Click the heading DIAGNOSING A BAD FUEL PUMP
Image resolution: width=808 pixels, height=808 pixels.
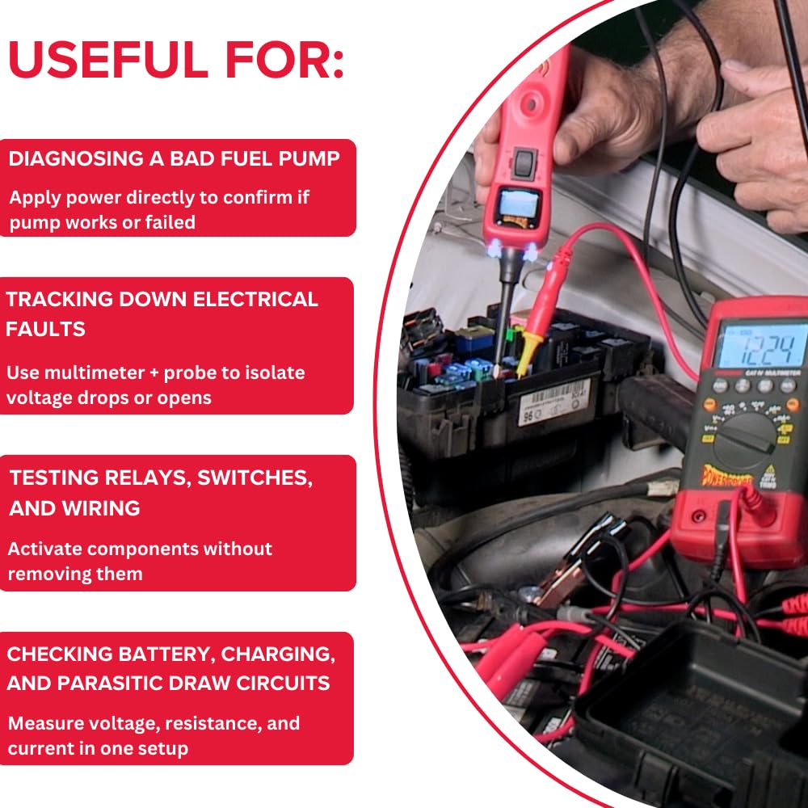click(174, 158)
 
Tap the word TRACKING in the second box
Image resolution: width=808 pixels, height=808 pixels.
click(60, 299)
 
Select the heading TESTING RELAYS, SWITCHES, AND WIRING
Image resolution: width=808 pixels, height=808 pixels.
click(161, 492)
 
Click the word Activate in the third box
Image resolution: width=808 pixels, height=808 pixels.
click(45, 549)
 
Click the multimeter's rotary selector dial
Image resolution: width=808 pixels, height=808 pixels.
click(746, 436)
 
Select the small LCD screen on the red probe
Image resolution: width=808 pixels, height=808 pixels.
click(516, 204)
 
